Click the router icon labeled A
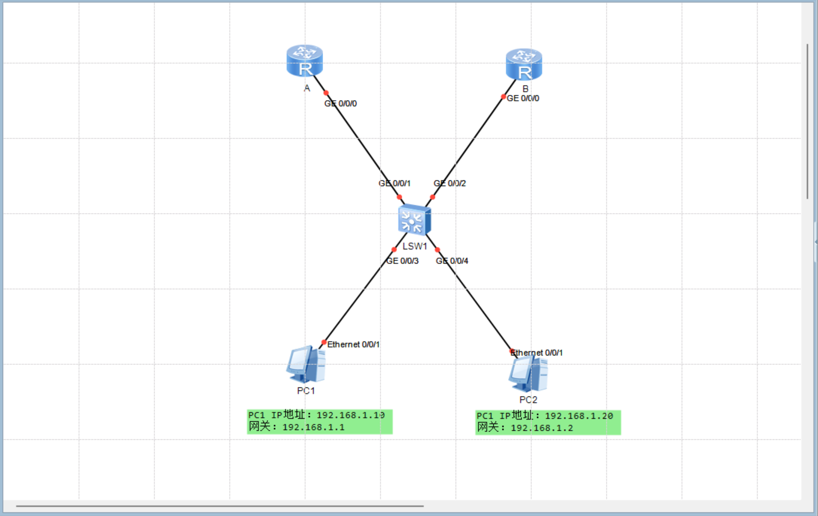click(304, 61)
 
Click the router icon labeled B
click(524, 65)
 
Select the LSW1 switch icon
click(415, 220)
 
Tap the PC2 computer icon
click(528, 374)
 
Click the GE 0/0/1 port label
click(394, 183)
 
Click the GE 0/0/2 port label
click(450, 183)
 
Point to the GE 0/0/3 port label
click(402, 261)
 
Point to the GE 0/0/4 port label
click(452, 261)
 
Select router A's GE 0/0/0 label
click(341, 103)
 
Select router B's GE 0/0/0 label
click(523, 98)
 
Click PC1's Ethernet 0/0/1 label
click(353, 344)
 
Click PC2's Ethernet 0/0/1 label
click(537, 353)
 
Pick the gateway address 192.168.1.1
click(314, 428)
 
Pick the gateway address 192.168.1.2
click(542, 428)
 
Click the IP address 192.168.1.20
click(579, 416)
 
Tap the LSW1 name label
click(415, 246)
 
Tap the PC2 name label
click(528, 400)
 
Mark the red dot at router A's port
click(326, 93)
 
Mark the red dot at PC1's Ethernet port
click(324, 342)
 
